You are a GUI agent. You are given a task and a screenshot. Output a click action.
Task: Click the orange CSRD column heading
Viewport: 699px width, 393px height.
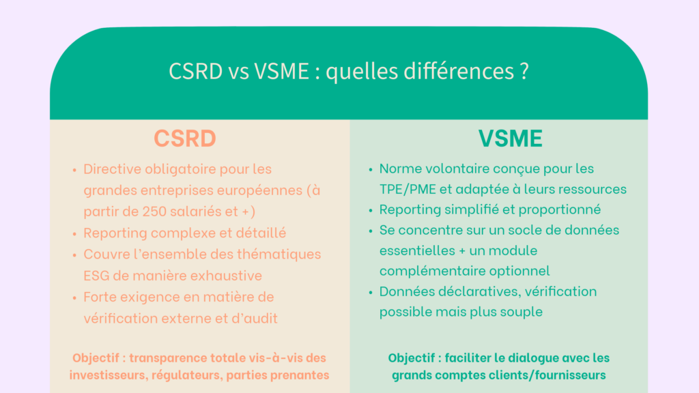tap(184, 138)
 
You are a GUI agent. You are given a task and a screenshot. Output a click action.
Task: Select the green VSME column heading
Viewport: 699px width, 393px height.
tap(511, 138)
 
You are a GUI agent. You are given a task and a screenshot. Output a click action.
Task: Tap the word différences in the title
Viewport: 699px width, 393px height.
tap(459, 71)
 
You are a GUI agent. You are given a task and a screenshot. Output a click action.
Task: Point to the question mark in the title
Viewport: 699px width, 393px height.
tap(524, 71)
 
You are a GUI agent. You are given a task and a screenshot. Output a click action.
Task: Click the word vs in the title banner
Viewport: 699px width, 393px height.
tap(238, 72)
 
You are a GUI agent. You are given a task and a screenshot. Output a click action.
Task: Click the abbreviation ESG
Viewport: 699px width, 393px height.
tap(96, 276)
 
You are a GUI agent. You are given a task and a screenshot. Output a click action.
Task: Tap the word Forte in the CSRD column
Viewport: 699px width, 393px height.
tap(100, 297)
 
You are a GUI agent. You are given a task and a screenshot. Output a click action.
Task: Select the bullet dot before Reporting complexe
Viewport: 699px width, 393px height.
tap(74, 233)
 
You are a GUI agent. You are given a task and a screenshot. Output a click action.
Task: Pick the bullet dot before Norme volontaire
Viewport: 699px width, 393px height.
tap(371, 169)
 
